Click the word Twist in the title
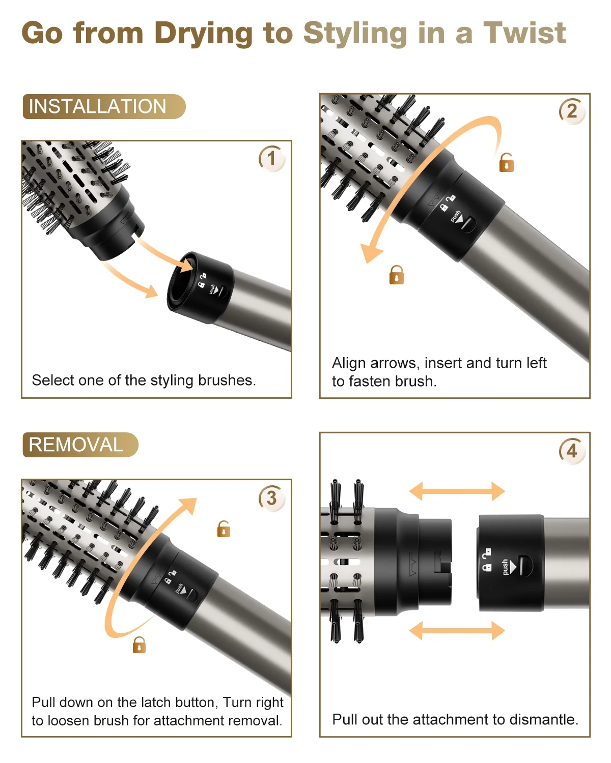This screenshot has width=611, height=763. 524,33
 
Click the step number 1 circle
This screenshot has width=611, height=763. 271,159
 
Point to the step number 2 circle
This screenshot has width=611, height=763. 572,111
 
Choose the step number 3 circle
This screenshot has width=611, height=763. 271,498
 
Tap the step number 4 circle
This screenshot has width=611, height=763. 572,451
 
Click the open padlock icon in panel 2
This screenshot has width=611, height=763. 506,163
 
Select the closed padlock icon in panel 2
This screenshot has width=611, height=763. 396,275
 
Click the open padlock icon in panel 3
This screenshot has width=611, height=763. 224,529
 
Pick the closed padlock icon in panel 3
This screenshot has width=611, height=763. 139,645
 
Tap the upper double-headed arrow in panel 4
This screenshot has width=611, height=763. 457,491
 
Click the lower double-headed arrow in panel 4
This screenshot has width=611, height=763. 457,631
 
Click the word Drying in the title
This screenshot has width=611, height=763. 203,33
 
